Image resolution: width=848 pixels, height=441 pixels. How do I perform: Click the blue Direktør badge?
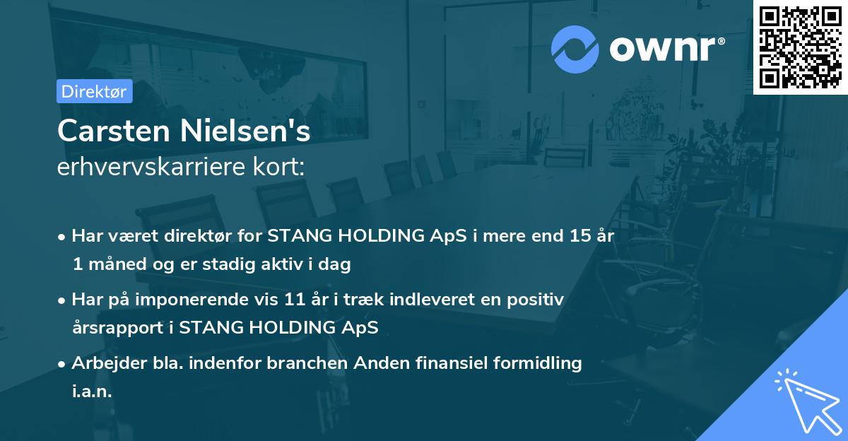(x=95, y=91)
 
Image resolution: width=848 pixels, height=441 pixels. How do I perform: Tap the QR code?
(x=800, y=47)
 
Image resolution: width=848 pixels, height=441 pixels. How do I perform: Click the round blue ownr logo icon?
(x=575, y=49)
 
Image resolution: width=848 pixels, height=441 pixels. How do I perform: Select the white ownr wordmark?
(x=667, y=49)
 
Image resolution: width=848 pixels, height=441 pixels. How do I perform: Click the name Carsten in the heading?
(x=114, y=131)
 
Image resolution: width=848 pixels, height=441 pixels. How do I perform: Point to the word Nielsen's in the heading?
(x=245, y=131)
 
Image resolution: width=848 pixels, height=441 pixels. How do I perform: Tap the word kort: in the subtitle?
(x=278, y=166)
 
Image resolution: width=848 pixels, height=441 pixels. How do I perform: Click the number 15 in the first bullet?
(x=580, y=236)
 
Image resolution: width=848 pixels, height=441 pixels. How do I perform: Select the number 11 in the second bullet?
(x=295, y=300)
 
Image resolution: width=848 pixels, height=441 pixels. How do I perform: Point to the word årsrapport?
(x=118, y=328)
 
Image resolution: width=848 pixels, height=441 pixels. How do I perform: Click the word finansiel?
(x=452, y=363)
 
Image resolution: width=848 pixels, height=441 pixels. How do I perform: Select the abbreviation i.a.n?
(x=92, y=391)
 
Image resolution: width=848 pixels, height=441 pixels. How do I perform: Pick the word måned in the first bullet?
(x=117, y=264)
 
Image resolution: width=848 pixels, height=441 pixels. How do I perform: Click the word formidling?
(x=538, y=363)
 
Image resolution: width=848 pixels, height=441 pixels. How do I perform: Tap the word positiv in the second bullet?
(x=536, y=300)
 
